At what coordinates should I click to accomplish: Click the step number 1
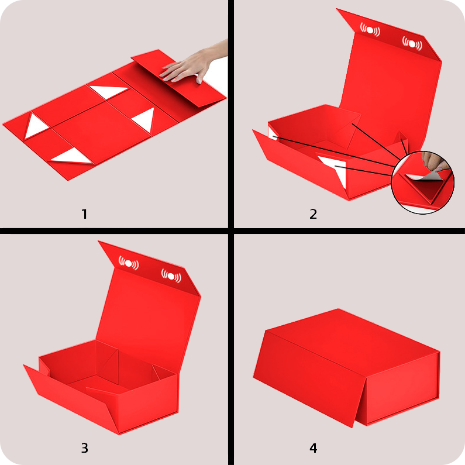pos(84,214)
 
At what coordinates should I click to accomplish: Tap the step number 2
pos(313,214)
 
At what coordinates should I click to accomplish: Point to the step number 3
pos(84,448)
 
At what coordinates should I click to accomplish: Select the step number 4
pos(314,448)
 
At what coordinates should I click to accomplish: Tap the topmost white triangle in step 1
pos(108,91)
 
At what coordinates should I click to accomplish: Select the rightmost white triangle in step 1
pos(145,119)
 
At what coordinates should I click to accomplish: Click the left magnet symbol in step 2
pos(370,30)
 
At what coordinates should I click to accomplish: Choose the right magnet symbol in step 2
pos(412,44)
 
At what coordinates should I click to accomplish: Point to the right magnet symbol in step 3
pos(171,276)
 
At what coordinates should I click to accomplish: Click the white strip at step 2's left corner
pos(273,134)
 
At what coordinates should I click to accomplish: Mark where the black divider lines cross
pos(231,230)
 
